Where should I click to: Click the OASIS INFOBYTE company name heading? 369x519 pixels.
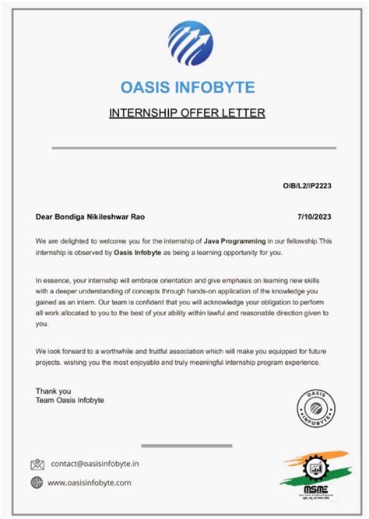[188, 88]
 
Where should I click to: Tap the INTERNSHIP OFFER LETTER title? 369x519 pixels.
[187, 114]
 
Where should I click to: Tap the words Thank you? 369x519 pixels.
[54, 391]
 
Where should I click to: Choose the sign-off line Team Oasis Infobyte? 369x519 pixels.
[70, 400]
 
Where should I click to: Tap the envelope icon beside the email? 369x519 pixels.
[37, 465]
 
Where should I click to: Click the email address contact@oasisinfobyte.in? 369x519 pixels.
[96, 465]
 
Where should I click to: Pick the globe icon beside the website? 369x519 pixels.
[37, 482]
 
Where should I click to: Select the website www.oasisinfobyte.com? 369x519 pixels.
[90, 482]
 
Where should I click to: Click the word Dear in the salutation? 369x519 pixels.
[44, 216]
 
